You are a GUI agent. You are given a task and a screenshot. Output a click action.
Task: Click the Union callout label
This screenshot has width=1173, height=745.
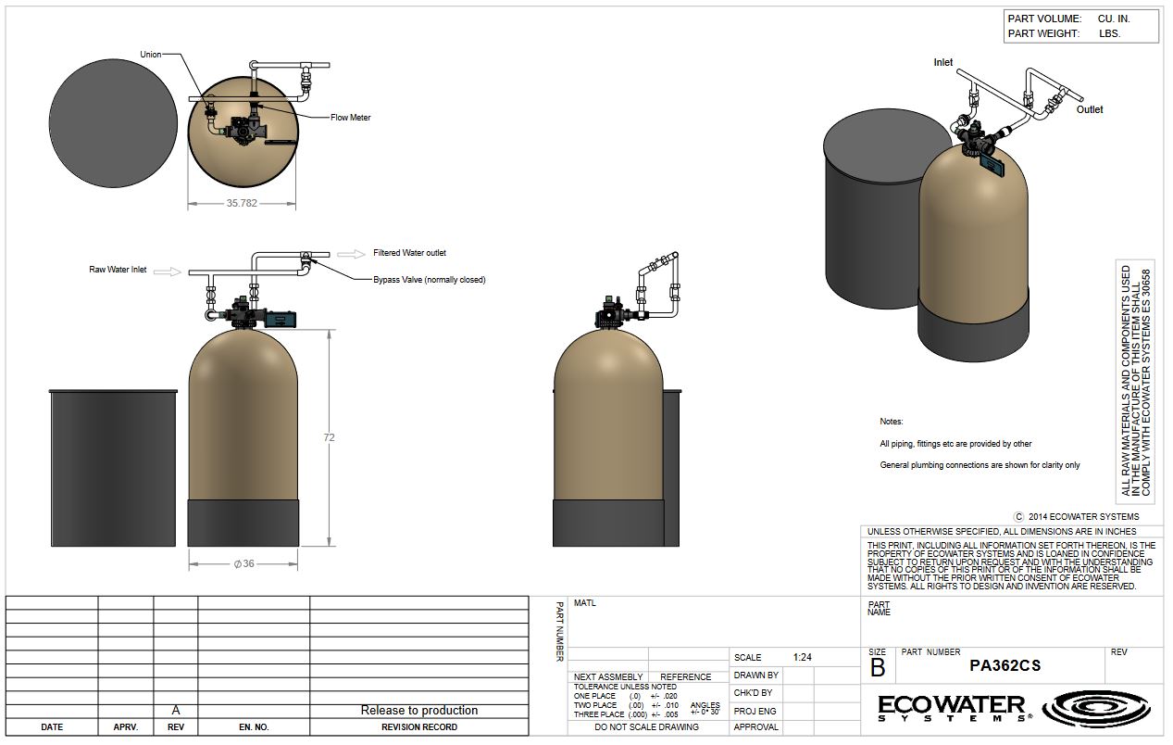(x=150, y=55)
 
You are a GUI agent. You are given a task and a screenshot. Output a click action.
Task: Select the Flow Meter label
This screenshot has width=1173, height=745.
(x=350, y=118)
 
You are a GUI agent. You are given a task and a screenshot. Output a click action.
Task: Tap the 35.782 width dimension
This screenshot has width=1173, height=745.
(x=242, y=203)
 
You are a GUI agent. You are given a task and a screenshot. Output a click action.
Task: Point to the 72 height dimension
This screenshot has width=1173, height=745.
(x=329, y=437)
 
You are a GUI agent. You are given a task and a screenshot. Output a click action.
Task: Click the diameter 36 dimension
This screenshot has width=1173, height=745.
(x=244, y=563)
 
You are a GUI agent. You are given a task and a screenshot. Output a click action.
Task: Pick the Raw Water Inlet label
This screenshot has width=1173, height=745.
(x=118, y=270)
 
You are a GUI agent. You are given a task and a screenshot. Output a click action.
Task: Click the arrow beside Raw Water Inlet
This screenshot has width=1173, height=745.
(x=167, y=271)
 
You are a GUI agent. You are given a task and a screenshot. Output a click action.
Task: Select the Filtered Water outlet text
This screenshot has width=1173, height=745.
(x=409, y=253)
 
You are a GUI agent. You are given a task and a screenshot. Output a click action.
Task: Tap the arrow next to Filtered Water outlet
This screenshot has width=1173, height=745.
(x=351, y=254)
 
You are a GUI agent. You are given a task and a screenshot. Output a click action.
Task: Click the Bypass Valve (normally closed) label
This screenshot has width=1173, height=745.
(x=430, y=280)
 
